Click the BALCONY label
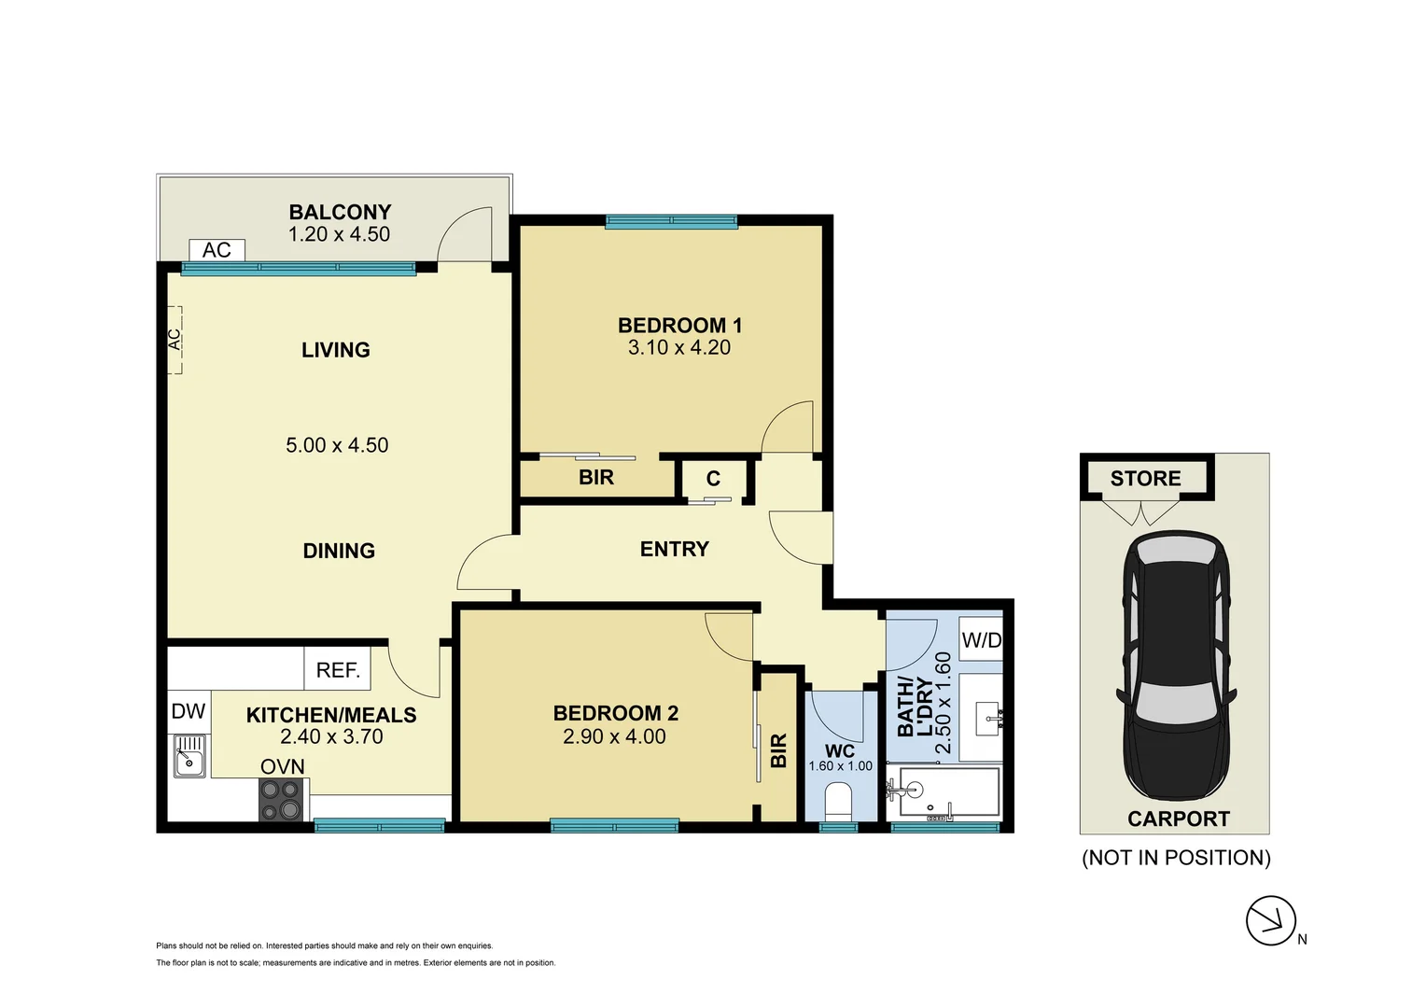340,213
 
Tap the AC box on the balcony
217,250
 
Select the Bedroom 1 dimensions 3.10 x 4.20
678,348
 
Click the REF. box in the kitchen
337,670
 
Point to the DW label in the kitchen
189,711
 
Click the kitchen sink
189,755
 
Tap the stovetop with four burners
281,800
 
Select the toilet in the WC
839,801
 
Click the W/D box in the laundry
981,639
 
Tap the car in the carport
1176,665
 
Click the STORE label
1145,479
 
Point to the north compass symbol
1271,920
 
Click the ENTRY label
674,550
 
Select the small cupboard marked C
713,479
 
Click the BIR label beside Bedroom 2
779,750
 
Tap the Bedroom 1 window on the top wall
671,222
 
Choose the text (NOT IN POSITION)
1176,858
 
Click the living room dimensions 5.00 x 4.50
337,445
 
